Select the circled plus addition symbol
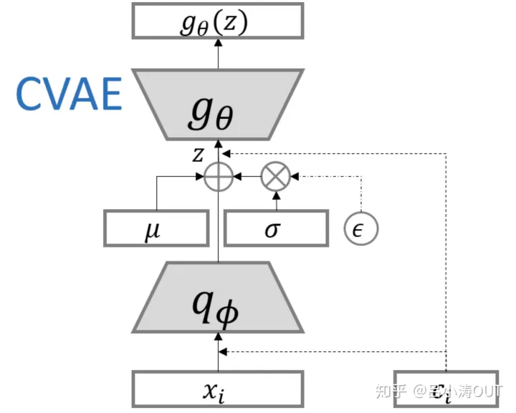(219, 175)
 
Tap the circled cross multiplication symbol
(276, 175)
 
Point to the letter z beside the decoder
(199, 153)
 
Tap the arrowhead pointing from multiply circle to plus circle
(239, 175)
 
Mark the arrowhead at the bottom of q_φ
(219, 335)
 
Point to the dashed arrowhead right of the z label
(225, 153)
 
